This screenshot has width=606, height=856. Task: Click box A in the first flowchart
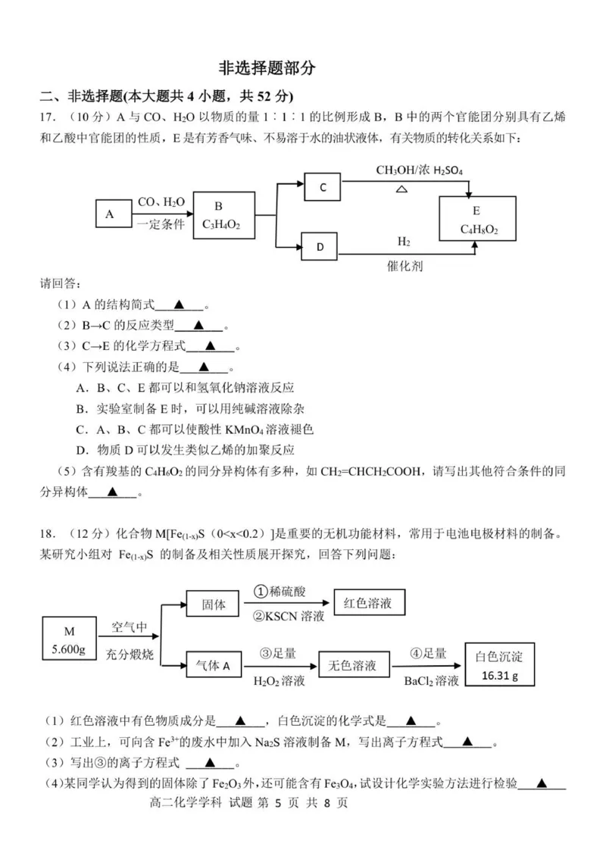[x=111, y=214]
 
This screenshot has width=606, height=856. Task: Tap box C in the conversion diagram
[x=323, y=187]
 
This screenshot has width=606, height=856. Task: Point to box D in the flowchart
[x=320, y=246]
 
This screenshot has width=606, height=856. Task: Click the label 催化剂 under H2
[x=405, y=267]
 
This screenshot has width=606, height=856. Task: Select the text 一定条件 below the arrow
[x=160, y=225]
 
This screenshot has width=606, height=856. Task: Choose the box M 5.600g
[x=70, y=640]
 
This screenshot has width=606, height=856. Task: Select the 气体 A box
[x=213, y=666]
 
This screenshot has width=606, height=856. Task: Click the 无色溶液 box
[x=352, y=666]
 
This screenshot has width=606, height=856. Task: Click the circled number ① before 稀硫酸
[x=261, y=591]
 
